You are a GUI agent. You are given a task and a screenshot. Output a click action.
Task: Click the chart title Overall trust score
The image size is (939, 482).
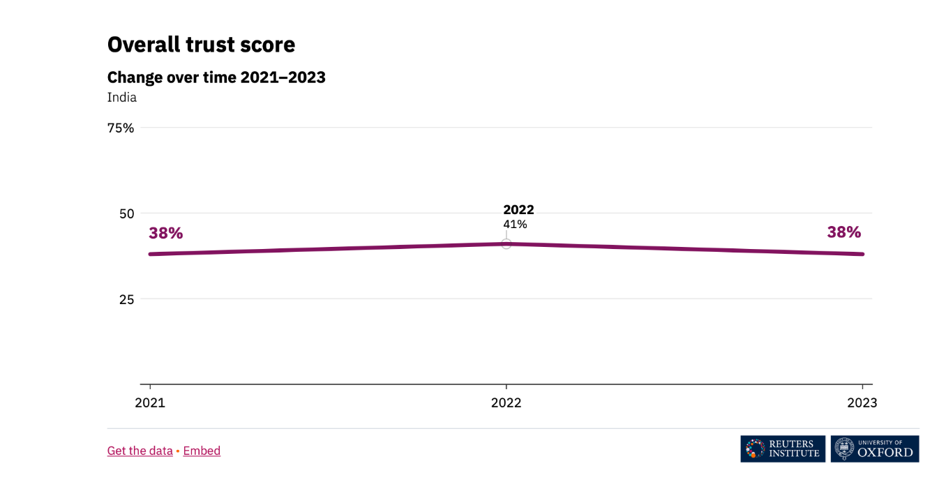tap(201, 45)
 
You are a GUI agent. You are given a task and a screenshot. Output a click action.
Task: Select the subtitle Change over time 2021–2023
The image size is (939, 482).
tap(216, 77)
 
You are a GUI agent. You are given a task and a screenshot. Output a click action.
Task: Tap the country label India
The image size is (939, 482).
tap(122, 98)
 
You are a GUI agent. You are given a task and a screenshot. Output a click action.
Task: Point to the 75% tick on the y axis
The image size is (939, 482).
tap(120, 128)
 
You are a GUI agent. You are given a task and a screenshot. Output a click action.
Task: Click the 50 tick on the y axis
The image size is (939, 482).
tap(126, 213)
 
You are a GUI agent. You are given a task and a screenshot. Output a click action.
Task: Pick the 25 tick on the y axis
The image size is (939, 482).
tap(126, 299)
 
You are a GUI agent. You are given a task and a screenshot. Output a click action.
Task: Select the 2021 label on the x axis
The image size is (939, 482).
tap(150, 403)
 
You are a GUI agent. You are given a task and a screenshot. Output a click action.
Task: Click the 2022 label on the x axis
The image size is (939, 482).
tap(506, 403)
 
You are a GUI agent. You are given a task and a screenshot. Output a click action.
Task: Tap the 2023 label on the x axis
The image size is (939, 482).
tap(862, 403)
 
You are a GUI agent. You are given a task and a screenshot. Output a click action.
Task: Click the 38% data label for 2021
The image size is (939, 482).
tap(165, 234)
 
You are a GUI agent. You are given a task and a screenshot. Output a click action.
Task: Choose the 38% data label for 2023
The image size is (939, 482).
tap(844, 232)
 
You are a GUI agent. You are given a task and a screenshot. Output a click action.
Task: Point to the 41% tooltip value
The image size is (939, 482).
tap(515, 225)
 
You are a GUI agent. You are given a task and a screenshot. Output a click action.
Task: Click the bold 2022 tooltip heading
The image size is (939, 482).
tap(518, 210)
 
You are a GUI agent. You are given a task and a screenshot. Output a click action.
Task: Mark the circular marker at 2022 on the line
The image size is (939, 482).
tap(506, 243)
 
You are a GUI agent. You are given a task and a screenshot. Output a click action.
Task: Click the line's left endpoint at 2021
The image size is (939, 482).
tap(151, 254)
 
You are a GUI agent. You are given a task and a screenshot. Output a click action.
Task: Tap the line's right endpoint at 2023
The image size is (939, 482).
tap(862, 254)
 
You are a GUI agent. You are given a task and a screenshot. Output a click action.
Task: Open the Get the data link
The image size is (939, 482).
tap(140, 451)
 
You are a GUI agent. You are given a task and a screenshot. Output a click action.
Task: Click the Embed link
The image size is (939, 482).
tap(202, 451)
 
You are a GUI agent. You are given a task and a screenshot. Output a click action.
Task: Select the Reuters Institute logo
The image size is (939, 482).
tap(783, 449)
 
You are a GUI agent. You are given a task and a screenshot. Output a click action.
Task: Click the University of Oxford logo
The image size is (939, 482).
tap(875, 449)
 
